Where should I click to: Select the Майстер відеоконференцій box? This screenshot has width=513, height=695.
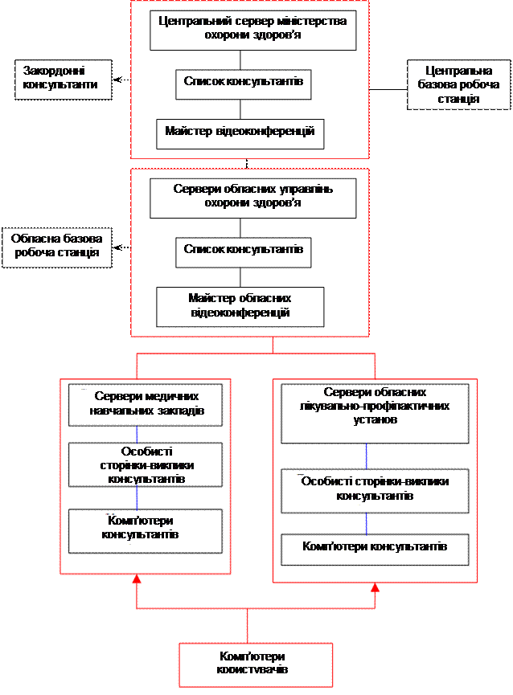click(240, 133)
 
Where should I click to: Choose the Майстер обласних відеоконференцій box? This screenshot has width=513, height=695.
click(240, 306)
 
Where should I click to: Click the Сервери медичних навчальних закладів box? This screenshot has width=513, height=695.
click(145, 405)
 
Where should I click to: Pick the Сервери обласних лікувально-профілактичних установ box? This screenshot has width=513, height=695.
click(375, 413)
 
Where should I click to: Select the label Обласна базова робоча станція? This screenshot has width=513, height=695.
click(56, 246)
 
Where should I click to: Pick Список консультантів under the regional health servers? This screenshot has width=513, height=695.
click(243, 251)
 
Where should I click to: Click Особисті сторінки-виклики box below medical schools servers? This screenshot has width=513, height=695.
click(145, 464)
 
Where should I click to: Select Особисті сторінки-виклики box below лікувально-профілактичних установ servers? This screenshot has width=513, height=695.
click(375, 490)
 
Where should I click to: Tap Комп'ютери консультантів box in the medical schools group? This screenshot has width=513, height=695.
click(145, 530)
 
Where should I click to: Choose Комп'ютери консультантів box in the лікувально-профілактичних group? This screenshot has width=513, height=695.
click(375, 549)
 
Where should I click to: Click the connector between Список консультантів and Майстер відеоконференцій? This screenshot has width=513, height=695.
click(240, 109)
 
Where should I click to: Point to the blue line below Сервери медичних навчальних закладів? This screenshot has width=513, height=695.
click(137, 433)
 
